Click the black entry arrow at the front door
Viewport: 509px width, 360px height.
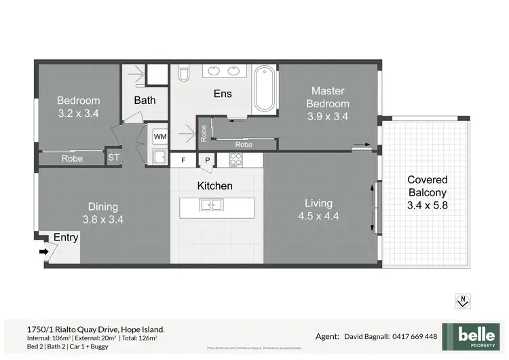click(x=44, y=251)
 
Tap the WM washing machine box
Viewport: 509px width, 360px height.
click(x=160, y=137)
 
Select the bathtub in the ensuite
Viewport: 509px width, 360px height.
click(x=265, y=90)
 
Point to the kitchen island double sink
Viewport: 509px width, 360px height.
click(x=212, y=204)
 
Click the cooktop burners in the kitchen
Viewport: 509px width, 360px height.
click(x=236, y=161)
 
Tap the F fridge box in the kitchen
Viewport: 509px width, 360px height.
click(x=183, y=161)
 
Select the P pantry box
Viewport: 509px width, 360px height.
click(x=207, y=161)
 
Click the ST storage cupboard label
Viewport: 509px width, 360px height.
click(x=114, y=158)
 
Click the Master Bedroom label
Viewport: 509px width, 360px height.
click(x=328, y=97)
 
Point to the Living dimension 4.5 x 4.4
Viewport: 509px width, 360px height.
click(x=318, y=217)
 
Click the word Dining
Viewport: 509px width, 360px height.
click(x=103, y=206)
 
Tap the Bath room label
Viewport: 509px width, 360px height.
click(x=145, y=100)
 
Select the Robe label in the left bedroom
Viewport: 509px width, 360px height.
click(x=73, y=158)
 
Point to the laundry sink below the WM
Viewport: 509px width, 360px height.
click(x=159, y=158)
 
